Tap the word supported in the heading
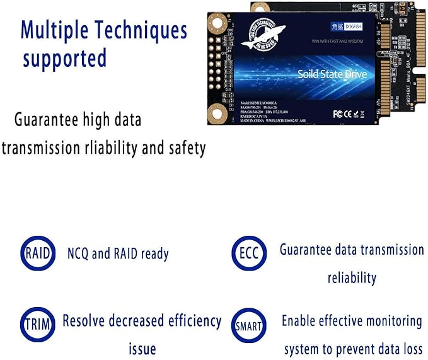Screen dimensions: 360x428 pos(64,59)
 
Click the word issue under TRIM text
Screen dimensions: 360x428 pos(142,349)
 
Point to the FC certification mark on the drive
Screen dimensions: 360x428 pos(338,115)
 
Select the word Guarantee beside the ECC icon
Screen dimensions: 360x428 pos(308,250)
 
